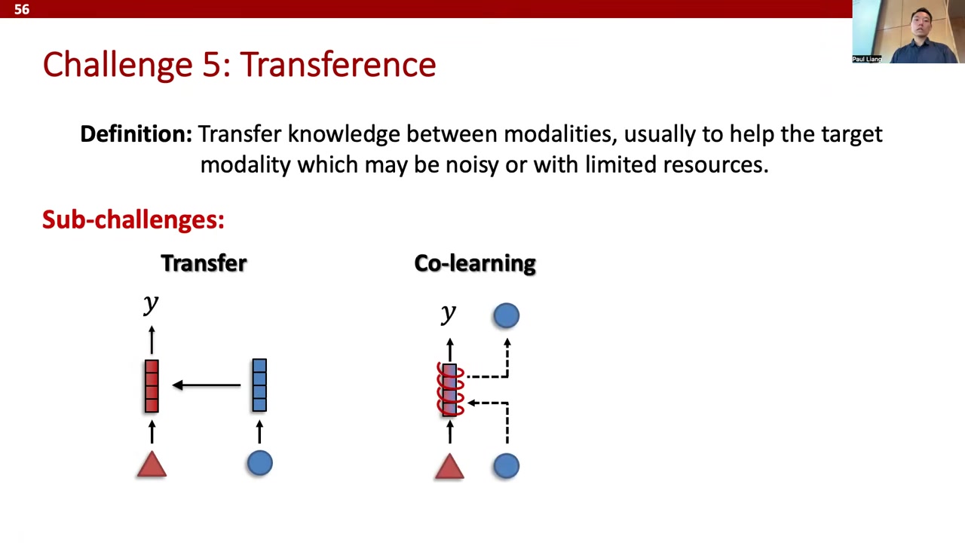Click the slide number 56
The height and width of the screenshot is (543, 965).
22,9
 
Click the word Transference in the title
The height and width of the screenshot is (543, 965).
338,65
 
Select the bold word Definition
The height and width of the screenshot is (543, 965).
136,133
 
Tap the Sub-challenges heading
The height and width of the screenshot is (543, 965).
133,219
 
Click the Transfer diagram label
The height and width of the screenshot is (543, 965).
204,263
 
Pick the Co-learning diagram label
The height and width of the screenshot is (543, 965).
475,263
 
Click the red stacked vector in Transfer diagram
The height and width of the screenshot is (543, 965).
152,386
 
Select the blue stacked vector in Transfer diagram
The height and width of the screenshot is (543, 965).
259,385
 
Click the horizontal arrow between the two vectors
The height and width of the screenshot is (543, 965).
207,385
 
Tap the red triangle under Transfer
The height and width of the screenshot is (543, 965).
152,464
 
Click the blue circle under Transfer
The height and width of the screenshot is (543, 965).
260,463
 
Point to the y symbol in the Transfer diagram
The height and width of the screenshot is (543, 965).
151,304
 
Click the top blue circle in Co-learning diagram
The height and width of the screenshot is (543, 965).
506,315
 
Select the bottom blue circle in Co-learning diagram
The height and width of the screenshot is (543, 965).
506,466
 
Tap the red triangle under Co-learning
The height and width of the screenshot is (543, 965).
449,466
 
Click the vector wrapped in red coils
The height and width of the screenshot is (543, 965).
450,390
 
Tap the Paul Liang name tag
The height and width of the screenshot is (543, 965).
867,59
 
